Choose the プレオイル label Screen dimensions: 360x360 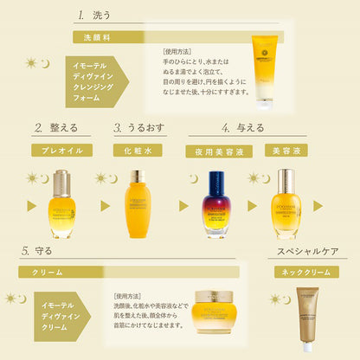coord(61,149)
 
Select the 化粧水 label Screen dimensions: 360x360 coord(138,149)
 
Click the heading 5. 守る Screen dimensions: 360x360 coord(35,251)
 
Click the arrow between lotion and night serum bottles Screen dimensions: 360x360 coord(183,206)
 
